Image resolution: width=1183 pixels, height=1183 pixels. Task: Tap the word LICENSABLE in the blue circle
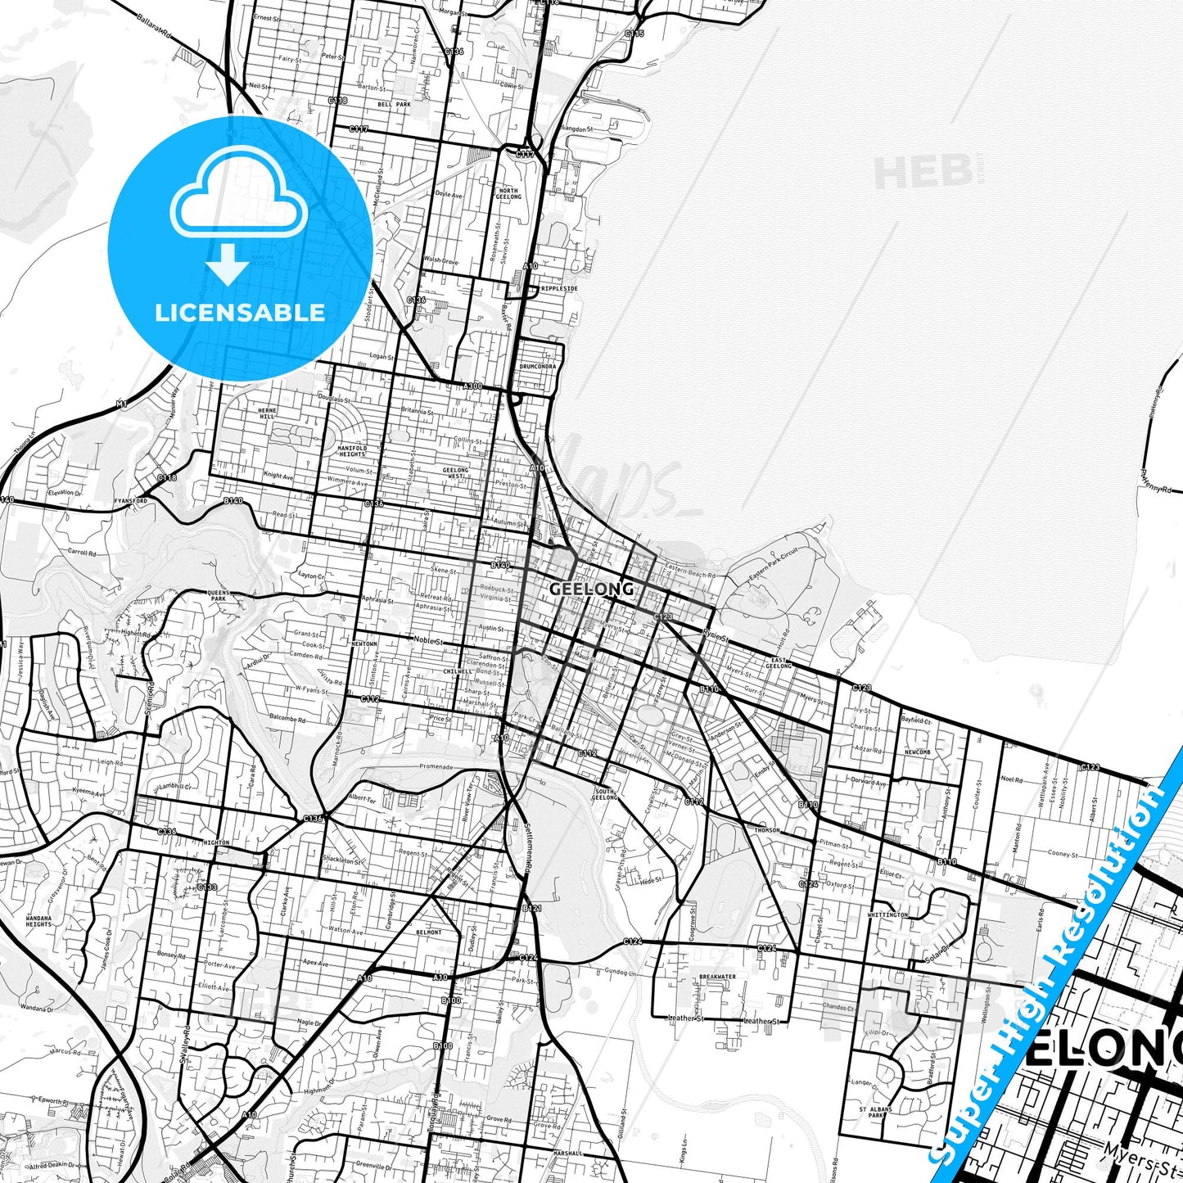240,312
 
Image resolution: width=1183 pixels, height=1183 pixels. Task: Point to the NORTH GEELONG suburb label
508,194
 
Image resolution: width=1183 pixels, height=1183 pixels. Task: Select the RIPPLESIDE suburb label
559,289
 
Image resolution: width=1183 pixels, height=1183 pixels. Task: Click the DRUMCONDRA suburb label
538,367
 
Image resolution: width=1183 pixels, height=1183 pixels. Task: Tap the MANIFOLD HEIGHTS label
352,451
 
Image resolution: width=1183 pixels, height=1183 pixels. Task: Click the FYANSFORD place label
131,500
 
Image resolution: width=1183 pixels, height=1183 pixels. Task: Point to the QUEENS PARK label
219,594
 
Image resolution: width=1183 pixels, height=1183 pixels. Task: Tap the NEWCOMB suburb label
917,752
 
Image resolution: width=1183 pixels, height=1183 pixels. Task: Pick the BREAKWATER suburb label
717,977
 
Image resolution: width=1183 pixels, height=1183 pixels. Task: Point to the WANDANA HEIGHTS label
38,923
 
